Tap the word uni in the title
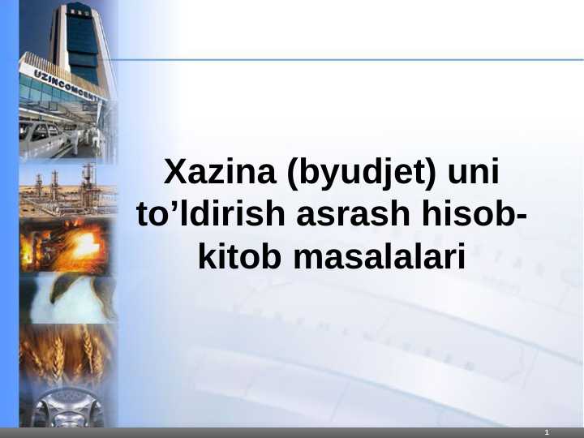[x=470, y=173]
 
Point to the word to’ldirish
[x=210, y=215]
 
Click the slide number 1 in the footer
[x=547, y=433]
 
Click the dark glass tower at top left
[x=81, y=41]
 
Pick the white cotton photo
[x=68, y=298]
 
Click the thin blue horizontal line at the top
[x=349, y=59]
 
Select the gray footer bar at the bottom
[x=292, y=433]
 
